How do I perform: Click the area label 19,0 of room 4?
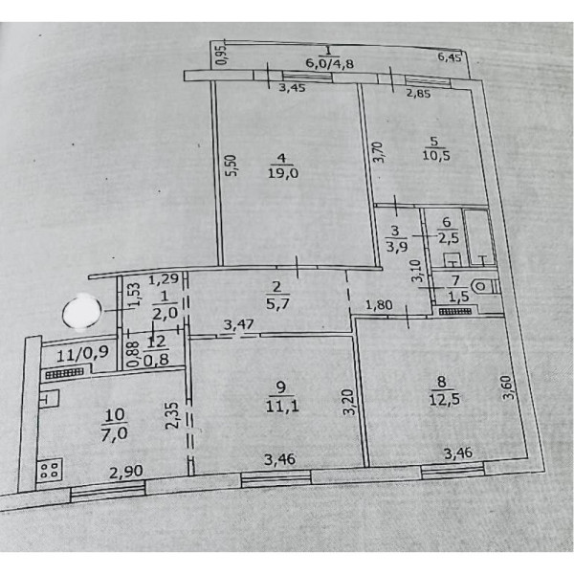283,173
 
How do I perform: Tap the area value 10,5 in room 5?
436,155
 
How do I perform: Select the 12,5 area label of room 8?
444,399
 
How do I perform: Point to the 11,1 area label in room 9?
282,407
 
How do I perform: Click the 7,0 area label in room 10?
116,433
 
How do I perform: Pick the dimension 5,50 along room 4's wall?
232,166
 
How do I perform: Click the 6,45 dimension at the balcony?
450,57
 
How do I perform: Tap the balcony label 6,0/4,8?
329,63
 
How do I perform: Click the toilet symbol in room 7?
484,287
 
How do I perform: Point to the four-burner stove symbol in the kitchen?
50,470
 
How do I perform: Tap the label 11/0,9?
82,354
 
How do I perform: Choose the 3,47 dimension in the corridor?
238,325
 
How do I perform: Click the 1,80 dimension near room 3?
379,304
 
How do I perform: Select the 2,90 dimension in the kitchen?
126,472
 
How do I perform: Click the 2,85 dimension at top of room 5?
418,93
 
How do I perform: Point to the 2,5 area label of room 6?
448,238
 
